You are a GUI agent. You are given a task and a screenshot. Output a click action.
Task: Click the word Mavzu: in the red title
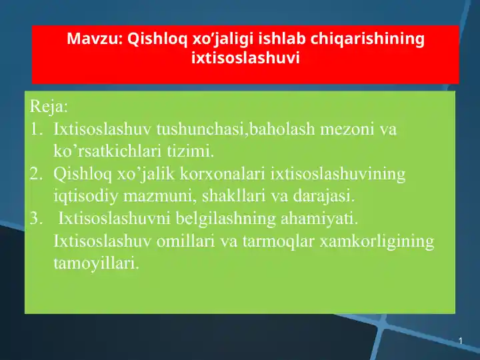[x=94, y=39]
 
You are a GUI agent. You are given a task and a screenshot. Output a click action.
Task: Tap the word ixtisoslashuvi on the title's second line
[x=245, y=58]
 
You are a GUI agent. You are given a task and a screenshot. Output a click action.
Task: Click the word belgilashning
[x=207, y=219]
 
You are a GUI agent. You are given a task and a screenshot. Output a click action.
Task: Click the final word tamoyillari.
[x=96, y=263]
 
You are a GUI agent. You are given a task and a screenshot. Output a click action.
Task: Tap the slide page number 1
[x=460, y=341]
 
